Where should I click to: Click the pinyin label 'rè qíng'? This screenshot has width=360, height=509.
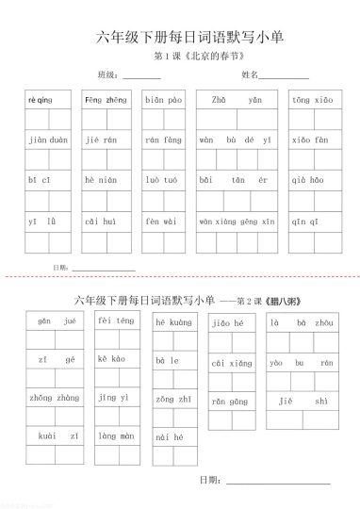(x=40, y=99)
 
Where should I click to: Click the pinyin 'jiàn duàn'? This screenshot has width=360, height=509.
(x=48, y=140)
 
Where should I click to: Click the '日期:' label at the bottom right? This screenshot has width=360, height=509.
(x=209, y=481)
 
